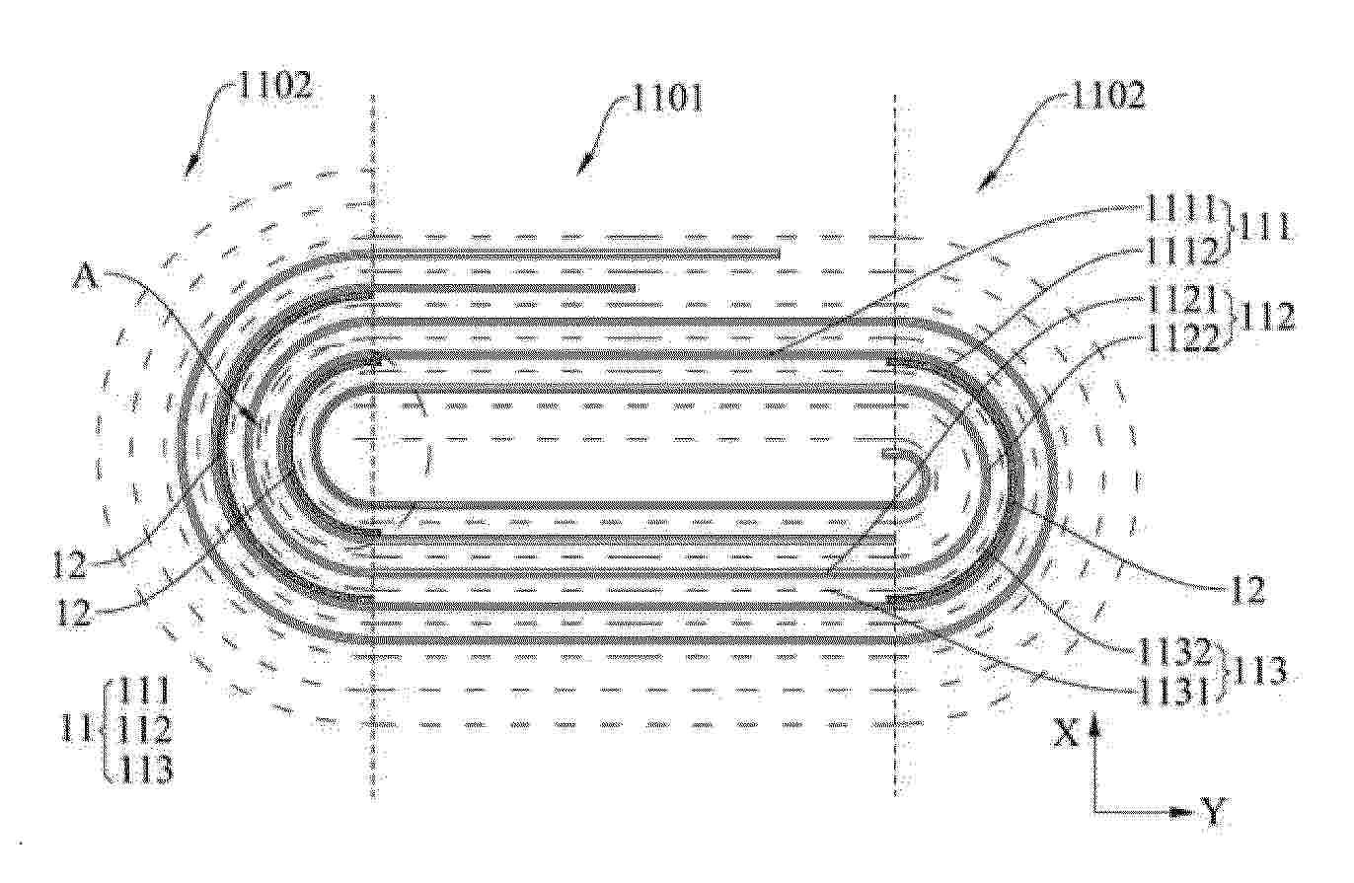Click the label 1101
tap(667, 99)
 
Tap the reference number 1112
tap(1180, 251)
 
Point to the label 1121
tap(1178, 300)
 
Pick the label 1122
tap(1180, 340)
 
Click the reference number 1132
tap(1174, 650)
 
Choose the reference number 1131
tap(1173, 691)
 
